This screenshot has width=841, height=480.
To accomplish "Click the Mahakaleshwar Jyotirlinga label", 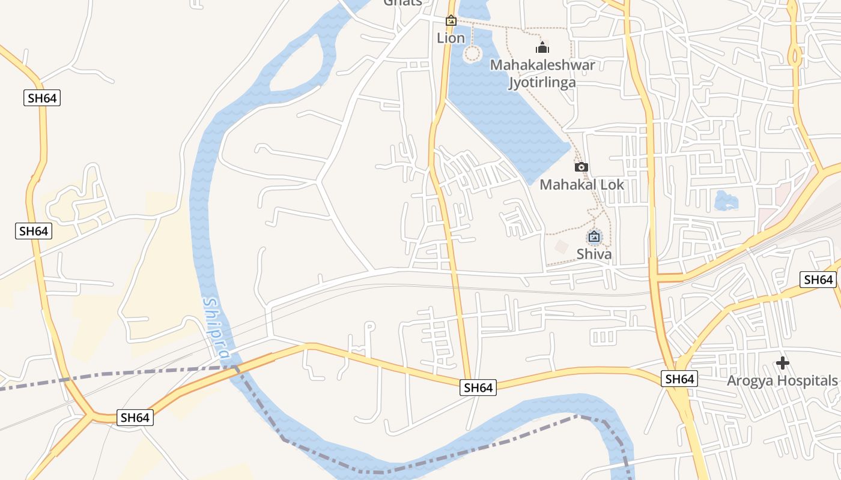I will (x=542, y=73).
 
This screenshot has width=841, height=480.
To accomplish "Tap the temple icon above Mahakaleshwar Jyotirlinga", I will (x=542, y=47).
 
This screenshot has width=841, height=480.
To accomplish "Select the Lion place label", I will (x=451, y=38).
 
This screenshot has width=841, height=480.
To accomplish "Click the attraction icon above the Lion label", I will (x=451, y=21).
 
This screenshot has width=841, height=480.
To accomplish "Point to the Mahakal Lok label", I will (x=581, y=184).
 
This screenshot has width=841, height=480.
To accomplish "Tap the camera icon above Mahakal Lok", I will (x=581, y=167).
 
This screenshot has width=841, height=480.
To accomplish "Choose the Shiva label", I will (x=594, y=254).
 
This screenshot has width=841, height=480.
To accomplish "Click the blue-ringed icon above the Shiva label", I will (x=594, y=236).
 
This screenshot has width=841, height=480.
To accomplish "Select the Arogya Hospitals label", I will (x=782, y=380).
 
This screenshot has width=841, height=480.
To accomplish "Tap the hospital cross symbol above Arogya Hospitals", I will (x=782, y=363).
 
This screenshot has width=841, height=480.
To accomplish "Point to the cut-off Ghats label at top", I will (x=402, y=2).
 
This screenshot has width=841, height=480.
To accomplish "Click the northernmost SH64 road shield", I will (x=43, y=98).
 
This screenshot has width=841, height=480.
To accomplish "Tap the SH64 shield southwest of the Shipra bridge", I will (x=135, y=418).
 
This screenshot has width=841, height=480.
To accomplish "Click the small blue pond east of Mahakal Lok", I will (x=726, y=201).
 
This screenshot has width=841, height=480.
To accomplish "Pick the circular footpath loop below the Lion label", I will (x=473, y=54).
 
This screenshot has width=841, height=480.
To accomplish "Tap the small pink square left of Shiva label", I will (x=562, y=246).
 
